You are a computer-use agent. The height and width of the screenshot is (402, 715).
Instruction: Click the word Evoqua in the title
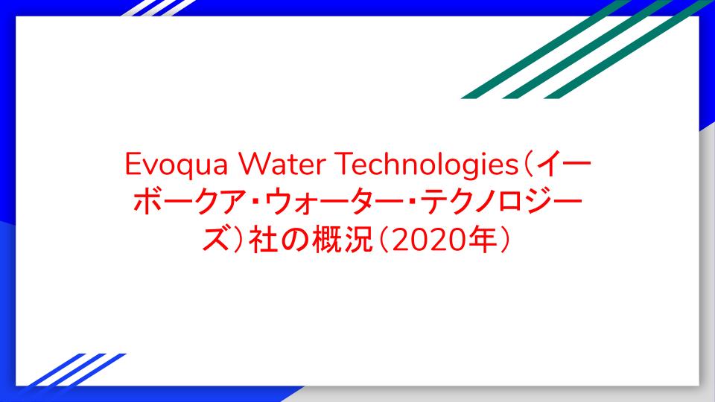176,165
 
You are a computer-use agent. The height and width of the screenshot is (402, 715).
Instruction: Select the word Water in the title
281,164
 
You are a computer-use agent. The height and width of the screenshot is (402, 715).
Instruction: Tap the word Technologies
428,165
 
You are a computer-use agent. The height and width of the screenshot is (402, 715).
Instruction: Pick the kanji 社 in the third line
263,240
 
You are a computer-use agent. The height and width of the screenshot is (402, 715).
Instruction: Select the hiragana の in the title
295,240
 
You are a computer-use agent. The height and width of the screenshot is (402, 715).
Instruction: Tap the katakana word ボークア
192,202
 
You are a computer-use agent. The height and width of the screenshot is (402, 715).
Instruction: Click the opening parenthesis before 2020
384,240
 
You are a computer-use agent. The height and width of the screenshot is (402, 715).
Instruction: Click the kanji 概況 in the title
342,240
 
